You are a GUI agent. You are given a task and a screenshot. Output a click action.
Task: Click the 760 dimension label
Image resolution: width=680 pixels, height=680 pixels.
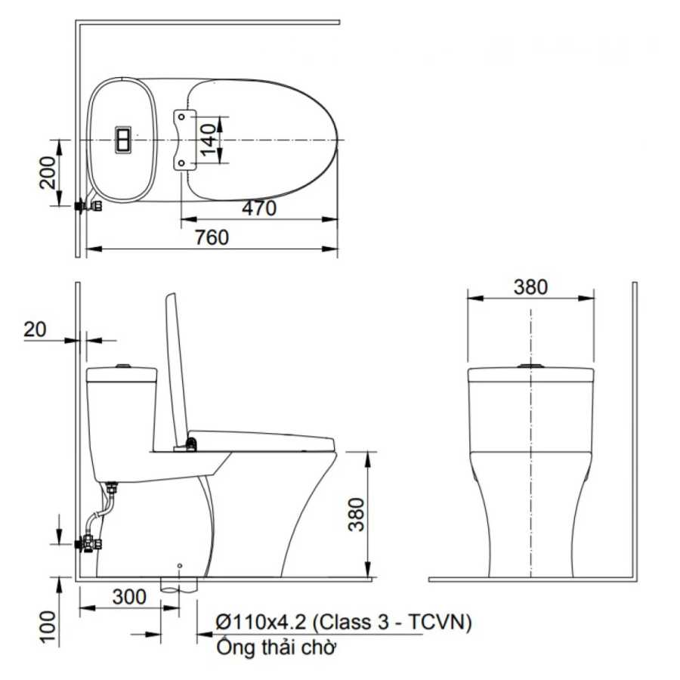click(x=212, y=237)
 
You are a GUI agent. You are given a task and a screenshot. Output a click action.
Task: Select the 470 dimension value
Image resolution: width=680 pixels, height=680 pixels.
click(x=259, y=209)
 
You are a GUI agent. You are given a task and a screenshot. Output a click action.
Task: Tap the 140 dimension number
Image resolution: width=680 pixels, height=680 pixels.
click(x=209, y=140)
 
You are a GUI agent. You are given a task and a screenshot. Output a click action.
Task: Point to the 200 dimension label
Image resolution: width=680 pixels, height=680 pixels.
click(x=48, y=172)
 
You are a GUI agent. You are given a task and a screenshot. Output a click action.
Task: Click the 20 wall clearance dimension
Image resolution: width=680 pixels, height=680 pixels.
click(x=34, y=329)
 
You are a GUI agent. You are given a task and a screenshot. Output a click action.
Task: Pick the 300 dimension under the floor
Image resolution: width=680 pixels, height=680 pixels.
click(x=129, y=597)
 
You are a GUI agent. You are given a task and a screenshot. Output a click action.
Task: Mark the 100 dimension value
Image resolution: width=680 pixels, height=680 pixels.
click(x=48, y=626)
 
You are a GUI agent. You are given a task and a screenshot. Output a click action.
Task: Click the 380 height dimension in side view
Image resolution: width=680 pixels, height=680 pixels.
click(x=357, y=515)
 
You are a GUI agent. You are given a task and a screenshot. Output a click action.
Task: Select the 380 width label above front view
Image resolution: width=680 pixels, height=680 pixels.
click(x=530, y=287)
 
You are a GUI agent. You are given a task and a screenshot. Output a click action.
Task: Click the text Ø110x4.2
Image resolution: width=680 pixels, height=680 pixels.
click(x=261, y=623)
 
